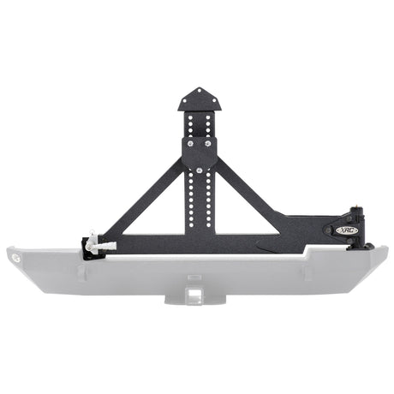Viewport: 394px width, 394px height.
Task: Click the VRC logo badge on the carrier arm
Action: click(330, 230)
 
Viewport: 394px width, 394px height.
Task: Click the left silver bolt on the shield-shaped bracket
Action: click(190, 146)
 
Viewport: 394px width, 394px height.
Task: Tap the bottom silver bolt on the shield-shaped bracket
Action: click(200, 170)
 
